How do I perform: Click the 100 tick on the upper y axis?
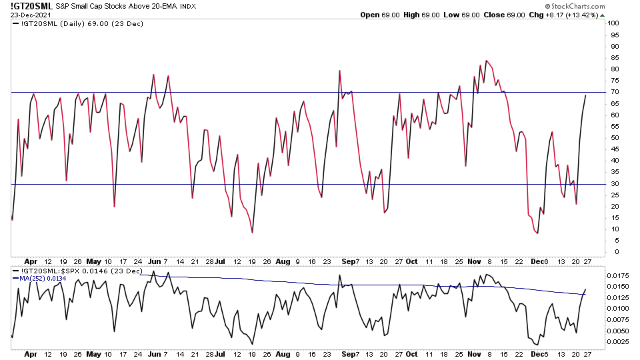point(614,23)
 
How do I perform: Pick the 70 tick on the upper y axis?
point(613,92)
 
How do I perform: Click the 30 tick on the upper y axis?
point(613,183)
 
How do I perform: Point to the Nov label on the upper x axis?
point(474,262)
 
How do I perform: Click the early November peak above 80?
point(486,61)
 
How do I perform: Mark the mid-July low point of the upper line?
point(252,232)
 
